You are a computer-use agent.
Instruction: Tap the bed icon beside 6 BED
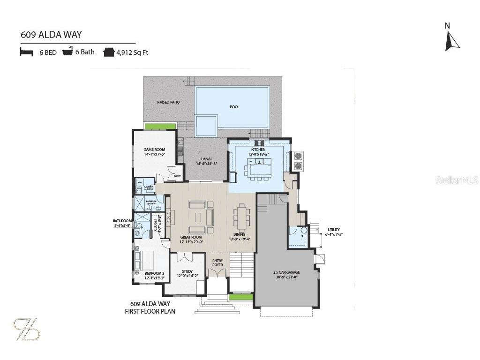pos(26,52)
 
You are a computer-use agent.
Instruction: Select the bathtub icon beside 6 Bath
pos(68,51)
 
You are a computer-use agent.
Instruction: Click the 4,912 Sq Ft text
pos(132,52)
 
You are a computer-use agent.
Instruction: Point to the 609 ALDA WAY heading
pos(51,35)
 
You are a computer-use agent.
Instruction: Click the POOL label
pos(234,107)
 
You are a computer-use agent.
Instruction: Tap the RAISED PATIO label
pos(168,102)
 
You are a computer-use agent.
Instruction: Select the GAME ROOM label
pos(155,150)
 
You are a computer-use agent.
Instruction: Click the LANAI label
pos(206,159)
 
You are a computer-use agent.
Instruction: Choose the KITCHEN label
pos(258,150)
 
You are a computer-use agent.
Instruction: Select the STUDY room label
pos(187,271)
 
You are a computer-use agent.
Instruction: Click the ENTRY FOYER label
pos(217,262)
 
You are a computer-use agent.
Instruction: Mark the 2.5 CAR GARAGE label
pos(286,272)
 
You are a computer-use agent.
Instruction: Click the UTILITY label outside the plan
pos(334,230)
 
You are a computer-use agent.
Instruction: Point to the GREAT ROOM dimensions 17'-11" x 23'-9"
pos(191,242)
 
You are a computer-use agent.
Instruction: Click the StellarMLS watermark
pos(457,180)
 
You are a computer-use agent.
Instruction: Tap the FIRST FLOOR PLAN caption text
pos(150,311)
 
